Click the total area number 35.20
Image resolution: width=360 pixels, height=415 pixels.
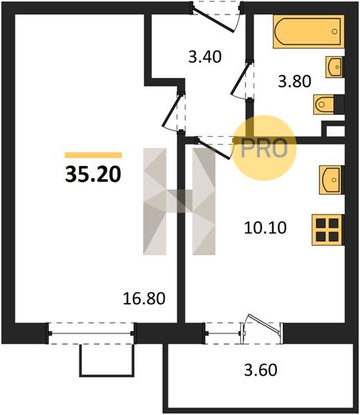click(x=93, y=175)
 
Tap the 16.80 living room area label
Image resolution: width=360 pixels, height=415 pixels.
click(x=144, y=298)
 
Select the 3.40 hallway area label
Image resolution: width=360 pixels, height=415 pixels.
click(x=205, y=57)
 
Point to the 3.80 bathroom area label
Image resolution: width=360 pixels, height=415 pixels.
click(x=294, y=81)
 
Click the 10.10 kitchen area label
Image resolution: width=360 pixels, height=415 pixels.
click(x=265, y=228)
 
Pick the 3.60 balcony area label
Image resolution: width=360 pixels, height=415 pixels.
click(x=260, y=370)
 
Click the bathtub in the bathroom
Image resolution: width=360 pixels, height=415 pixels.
click(x=308, y=32)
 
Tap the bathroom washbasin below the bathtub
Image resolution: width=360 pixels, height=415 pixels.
click(x=335, y=67)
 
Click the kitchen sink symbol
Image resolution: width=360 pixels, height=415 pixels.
click(x=332, y=180)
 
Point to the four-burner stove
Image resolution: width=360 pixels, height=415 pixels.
click(x=328, y=230)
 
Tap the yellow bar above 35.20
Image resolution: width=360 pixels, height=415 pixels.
click(x=93, y=155)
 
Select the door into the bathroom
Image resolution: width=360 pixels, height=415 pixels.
click(x=240, y=79)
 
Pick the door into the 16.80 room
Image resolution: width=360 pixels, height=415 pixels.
click(x=172, y=111)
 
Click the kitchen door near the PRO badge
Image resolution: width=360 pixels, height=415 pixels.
click(x=213, y=148)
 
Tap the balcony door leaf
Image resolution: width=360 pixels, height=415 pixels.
click(x=263, y=324)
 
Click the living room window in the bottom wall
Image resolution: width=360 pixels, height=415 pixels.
click(x=91, y=333)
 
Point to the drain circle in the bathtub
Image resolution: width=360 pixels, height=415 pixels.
click(x=334, y=32)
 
